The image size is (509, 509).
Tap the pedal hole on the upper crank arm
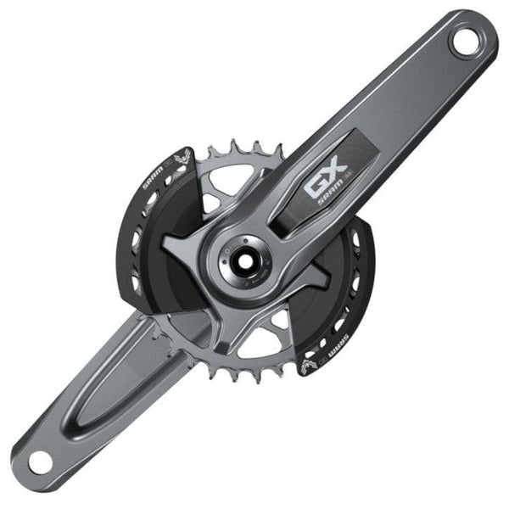(x=466, y=42)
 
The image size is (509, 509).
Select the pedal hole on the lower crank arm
(x=40, y=461)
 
